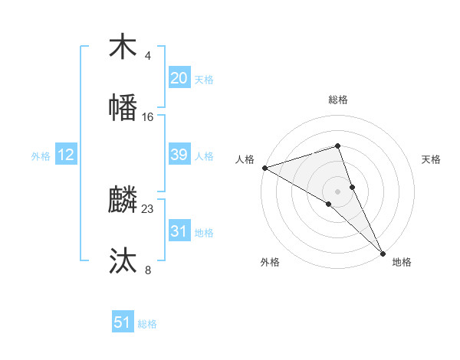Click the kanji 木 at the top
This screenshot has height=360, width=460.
point(123,47)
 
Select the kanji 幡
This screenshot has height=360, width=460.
point(123,107)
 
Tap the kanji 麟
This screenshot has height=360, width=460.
point(123,200)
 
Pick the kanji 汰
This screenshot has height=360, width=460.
point(123,260)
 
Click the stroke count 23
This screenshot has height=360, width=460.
point(148,208)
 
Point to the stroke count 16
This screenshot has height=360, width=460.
point(148,116)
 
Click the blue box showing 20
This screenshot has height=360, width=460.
point(179,78)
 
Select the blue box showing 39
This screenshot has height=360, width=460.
point(179,155)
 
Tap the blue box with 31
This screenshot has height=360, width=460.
point(179,231)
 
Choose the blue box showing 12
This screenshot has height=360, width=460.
point(66,155)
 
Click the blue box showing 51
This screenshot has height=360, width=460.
point(123,322)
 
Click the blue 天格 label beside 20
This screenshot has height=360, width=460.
point(204,80)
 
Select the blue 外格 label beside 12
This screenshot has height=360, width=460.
point(41,156)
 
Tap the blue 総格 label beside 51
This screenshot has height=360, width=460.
point(147,324)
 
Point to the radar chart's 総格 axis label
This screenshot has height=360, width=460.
point(338,100)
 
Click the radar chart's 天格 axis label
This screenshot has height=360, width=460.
point(432,159)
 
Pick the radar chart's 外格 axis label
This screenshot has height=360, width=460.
point(270,263)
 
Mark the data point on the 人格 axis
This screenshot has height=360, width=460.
point(264,168)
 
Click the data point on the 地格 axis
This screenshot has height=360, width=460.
point(383,251)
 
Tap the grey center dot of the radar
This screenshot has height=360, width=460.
point(338,191)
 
